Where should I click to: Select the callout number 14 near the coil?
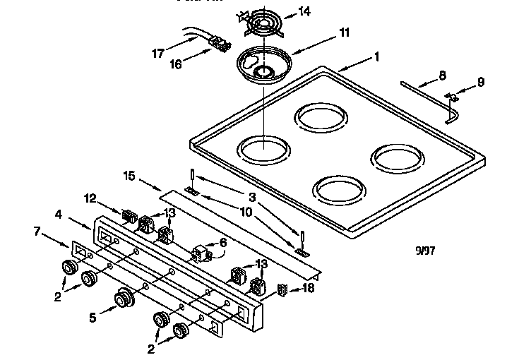[304, 11]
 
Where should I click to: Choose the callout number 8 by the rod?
[442, 74]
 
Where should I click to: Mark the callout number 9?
[480, 82]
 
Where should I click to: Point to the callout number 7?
[37, 230]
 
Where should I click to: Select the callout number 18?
[309, 288]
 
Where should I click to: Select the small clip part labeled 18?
[282, 289]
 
